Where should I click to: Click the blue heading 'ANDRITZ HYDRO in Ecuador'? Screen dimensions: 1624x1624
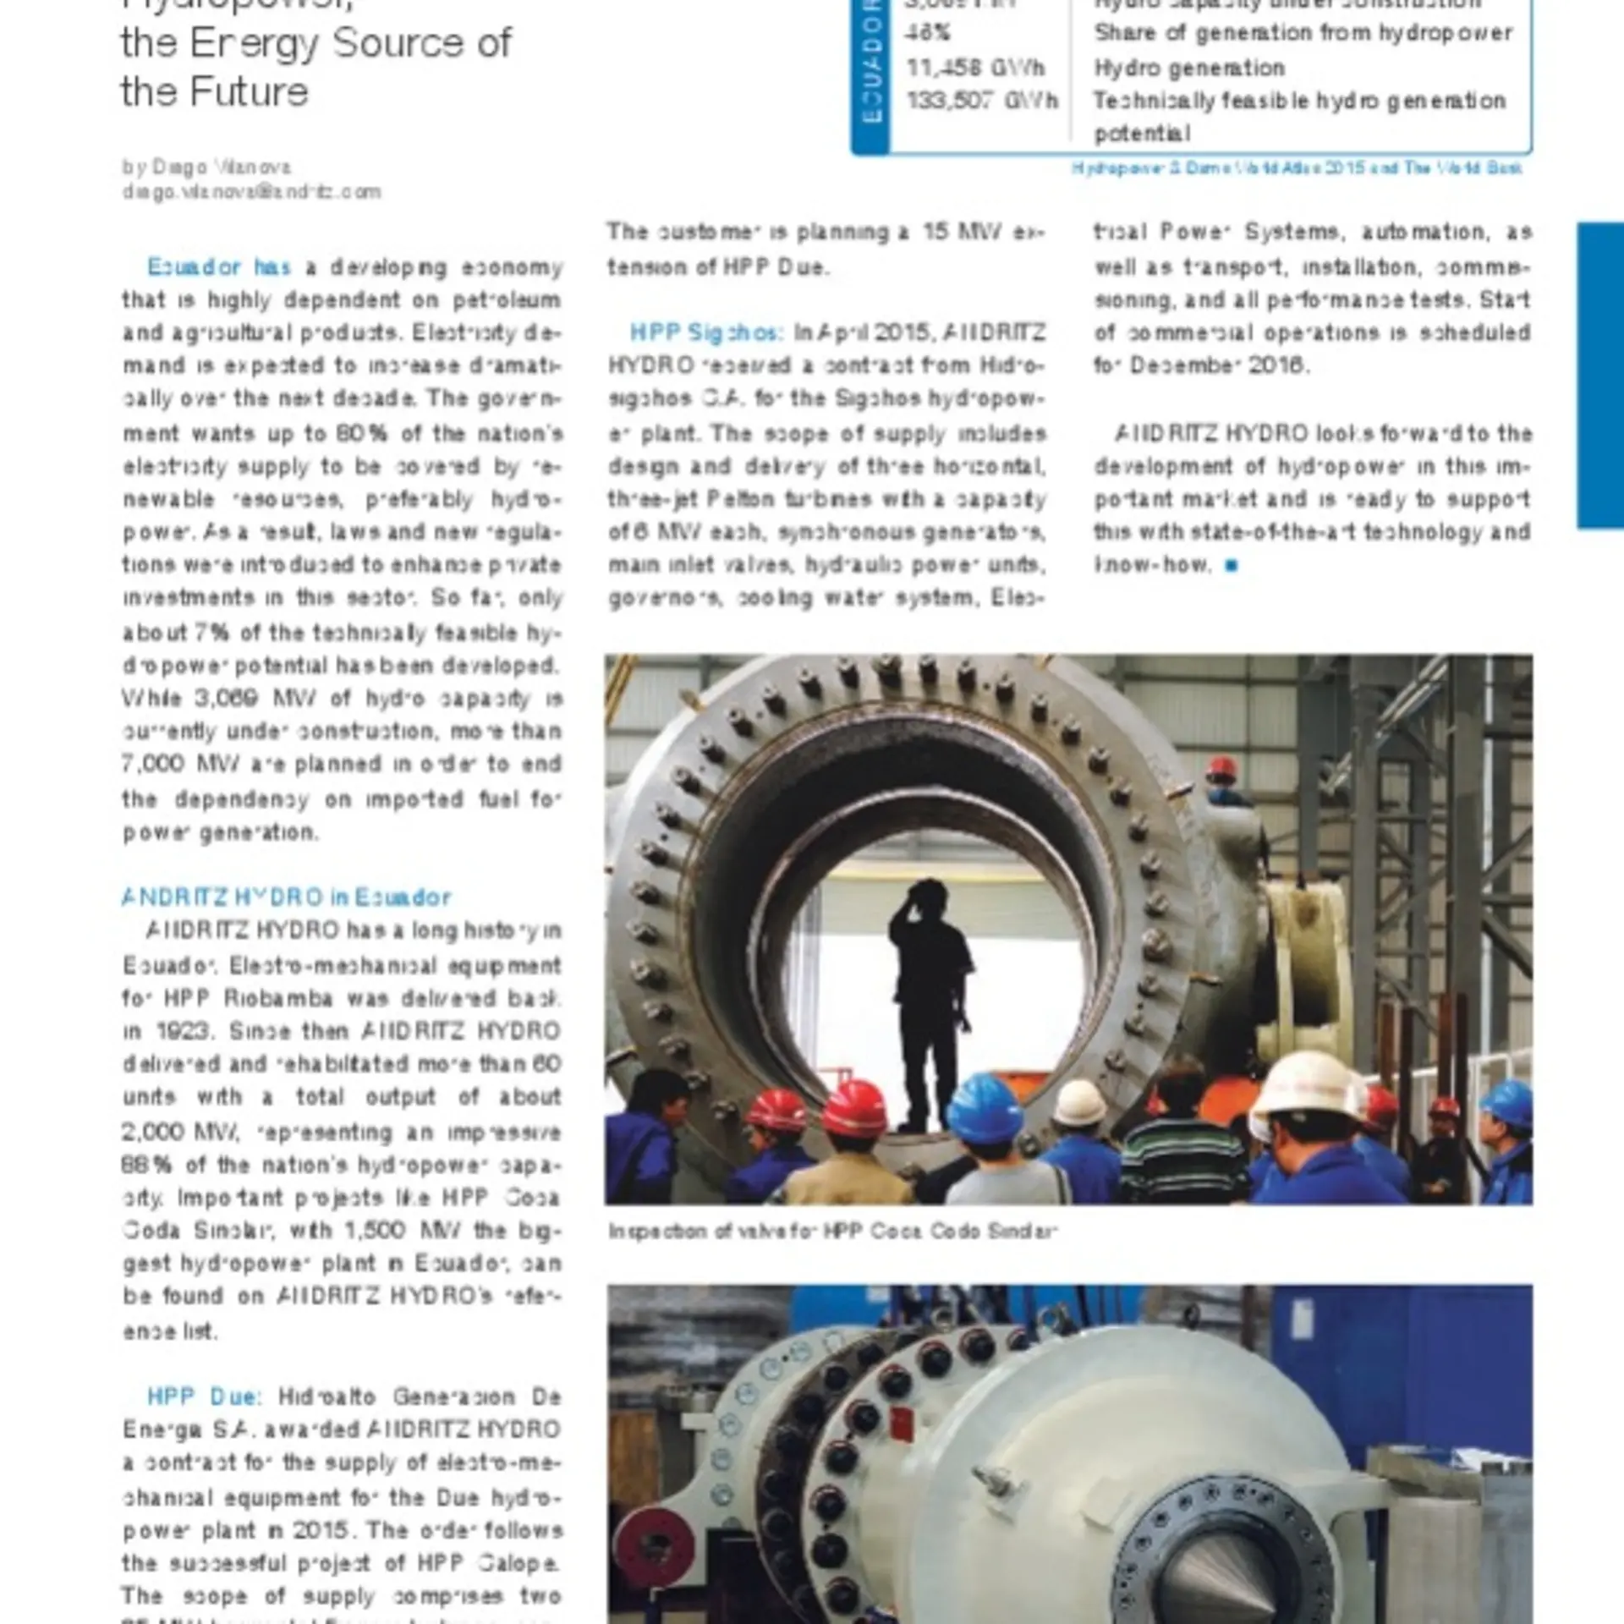point(286,897)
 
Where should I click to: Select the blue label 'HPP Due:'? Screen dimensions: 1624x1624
point(205,1396)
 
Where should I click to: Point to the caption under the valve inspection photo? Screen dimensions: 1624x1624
point(833,1231)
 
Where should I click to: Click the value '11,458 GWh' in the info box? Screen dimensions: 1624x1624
point(975,68)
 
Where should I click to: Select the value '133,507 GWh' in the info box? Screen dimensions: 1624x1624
point(982,101)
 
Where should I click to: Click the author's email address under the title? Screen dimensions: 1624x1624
point(251,192)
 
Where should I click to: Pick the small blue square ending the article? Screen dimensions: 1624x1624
point(1232,566)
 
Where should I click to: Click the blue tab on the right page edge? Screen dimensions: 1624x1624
point(1599,376)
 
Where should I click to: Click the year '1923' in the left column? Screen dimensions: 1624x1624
point(182,1031)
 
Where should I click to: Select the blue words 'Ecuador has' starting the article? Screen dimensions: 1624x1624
point(219,267)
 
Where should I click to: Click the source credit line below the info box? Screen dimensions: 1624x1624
point(1296,168)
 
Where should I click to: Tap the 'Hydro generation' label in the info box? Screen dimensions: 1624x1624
point(1189,68)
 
